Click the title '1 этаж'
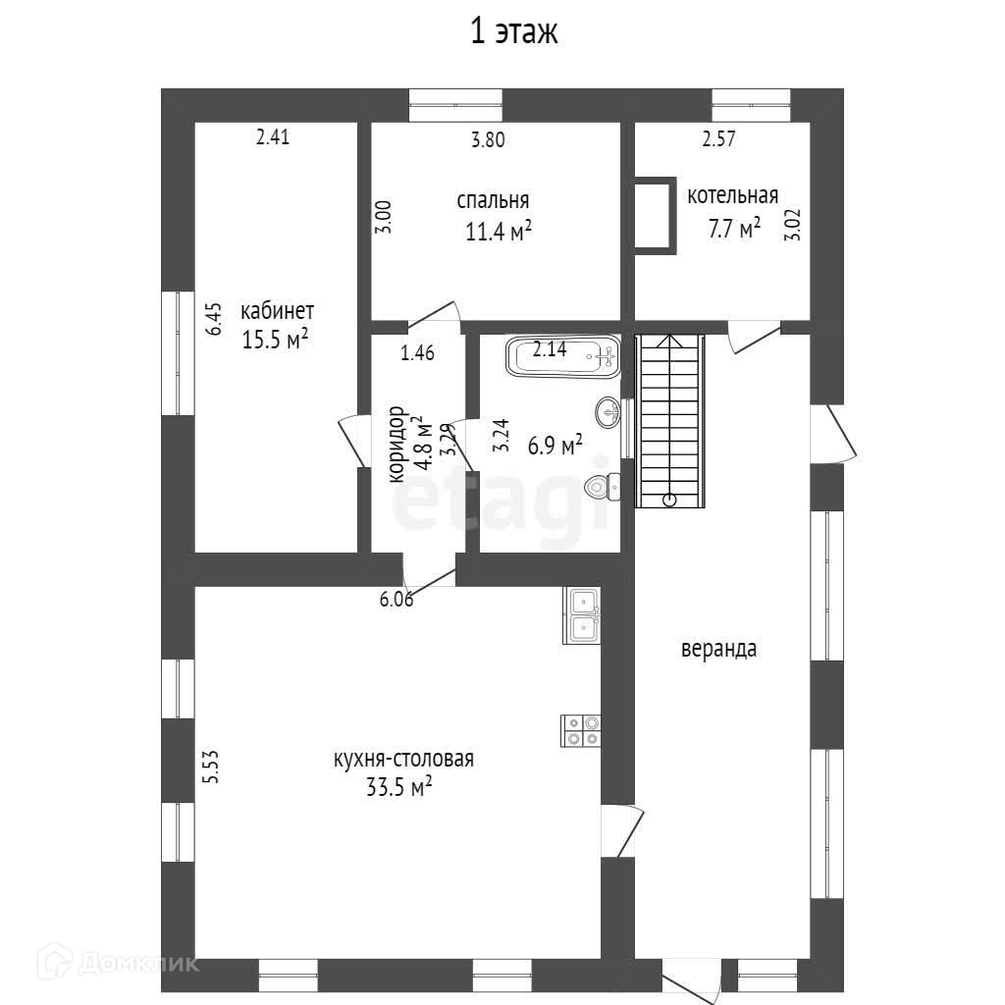tap(513, 32)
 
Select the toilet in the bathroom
tap(601, 485)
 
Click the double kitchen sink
tap(583, 615)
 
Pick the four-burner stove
tap(581, 730)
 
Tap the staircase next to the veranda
tap(670, 420)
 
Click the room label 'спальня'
tap(493, 200)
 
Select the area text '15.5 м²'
tap(276, 340)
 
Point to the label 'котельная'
tap(732, 194)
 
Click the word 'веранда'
tap(719, 649)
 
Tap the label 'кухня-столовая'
tap(403, 759)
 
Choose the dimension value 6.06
tap(397, 600)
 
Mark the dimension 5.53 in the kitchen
tap(209, 767)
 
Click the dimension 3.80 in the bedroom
tap(488, 139)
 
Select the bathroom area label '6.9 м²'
tap(555, 446)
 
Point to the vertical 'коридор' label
tap(397, 445)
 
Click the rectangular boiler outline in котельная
tap(655, 216)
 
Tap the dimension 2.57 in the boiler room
tap(718, 139)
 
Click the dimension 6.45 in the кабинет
tap(215, 319)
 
